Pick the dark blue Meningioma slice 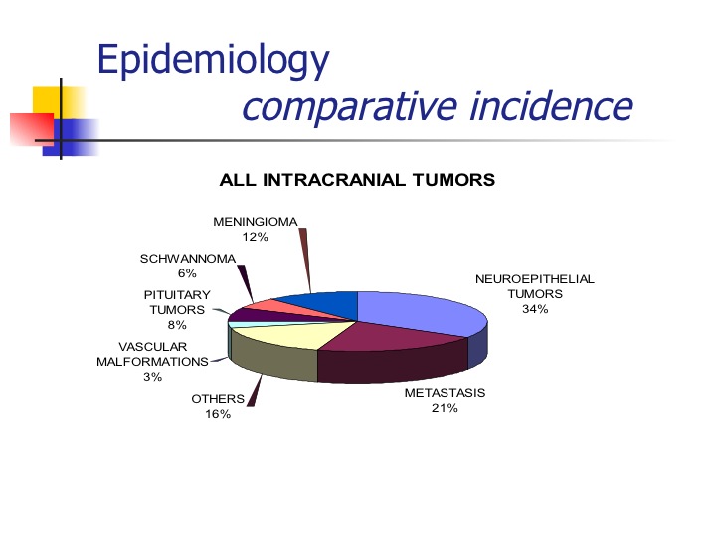tap(324, 304)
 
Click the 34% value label tap(535, 309)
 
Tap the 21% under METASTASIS tap(445, 408)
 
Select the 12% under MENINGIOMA tap(255, 237)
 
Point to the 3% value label tap(152, 377)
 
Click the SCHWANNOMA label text tap(188, 259)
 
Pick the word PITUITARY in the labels tap(177, 295)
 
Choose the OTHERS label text tap(218, 399)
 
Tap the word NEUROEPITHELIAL tap(535, 279)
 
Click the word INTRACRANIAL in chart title tap(334, 180)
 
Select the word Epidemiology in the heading tap(213, 60)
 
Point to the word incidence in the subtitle tap(551, 106)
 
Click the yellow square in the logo tap(60, 102)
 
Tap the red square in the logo tap(32, 129)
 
